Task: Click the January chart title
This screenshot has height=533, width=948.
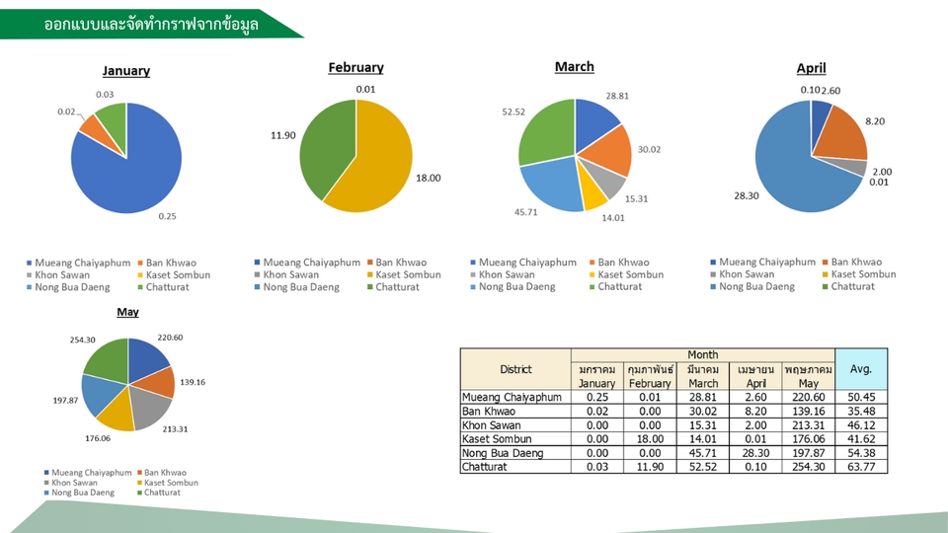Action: point(126,71)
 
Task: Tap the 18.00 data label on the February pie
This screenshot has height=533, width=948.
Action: point(429,178)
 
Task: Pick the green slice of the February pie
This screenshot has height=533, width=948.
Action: point(326,148)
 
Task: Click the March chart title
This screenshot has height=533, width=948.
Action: point(575,67)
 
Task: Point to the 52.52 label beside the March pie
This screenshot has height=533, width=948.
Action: point(513,112)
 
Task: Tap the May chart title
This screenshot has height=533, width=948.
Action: point(127,312)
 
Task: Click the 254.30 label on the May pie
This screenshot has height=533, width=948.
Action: point(83,340)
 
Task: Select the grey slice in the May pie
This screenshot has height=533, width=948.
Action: point(153,408)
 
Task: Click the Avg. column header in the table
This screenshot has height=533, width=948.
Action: point(861,369)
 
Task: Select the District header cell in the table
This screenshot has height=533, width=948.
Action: point(515,369)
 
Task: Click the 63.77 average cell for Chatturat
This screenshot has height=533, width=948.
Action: point(861,467)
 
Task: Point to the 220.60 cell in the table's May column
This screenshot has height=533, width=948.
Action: point(809,397)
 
